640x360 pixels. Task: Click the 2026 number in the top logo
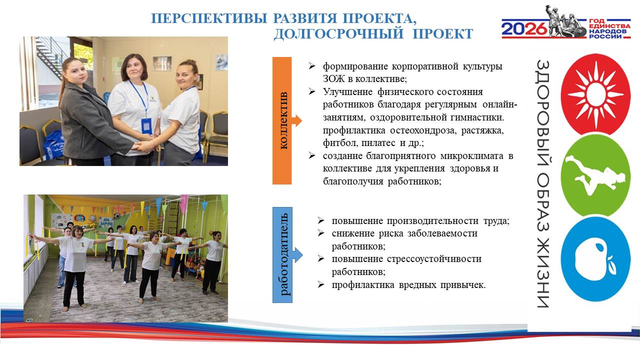524,29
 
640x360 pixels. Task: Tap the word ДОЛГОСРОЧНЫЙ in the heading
338,33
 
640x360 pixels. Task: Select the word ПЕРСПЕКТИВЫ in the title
209,18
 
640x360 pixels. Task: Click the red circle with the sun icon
595,94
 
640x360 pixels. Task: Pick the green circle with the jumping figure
595,175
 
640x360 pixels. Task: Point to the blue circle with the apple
595,259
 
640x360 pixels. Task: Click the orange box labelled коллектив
282,120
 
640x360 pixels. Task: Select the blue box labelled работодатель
282,255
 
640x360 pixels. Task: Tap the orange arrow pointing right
297,120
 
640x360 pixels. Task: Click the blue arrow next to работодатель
297,255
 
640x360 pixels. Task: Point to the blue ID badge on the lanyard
146,125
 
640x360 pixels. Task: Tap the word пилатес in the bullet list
378,143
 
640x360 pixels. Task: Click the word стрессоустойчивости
434,259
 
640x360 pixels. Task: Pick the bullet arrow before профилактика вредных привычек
321,285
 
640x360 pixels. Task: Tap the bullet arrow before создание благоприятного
311,155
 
